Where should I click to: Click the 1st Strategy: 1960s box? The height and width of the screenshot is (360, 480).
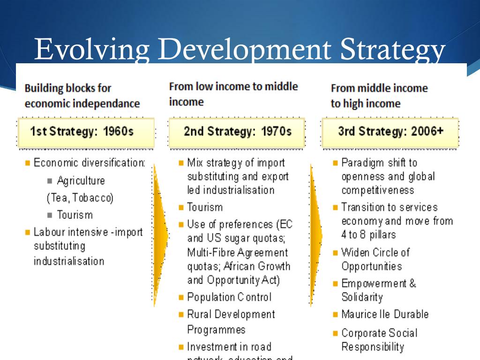coord(86,131)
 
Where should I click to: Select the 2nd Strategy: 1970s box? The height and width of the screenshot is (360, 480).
coord(237,131)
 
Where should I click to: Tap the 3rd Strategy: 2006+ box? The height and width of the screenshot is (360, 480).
coord(390,131)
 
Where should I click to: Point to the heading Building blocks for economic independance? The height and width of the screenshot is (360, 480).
coord(82,96)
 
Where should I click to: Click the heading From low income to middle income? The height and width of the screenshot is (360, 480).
coord(233,94)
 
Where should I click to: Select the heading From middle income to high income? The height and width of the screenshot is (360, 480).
coord(379,96)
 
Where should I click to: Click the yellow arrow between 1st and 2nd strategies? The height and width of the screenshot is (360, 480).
coord(160,234)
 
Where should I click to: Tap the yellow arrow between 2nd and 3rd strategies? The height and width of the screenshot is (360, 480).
coord(316,234)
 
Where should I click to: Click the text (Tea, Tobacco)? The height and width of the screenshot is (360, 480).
coord(80,198)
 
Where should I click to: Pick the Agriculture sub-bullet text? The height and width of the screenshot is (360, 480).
coord(81,181)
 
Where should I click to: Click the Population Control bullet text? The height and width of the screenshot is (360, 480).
coord(229,297)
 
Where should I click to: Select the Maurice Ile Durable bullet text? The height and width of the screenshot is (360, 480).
coord(384,314)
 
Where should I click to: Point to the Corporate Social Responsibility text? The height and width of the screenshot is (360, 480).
coord(379,340)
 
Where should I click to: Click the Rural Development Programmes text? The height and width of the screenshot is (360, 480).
coord(231,322)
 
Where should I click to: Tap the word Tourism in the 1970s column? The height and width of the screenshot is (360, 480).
coord(205,207)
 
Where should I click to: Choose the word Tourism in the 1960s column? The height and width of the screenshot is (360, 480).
coord(75,215)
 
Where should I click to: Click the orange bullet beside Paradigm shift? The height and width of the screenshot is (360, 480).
coord(335,163)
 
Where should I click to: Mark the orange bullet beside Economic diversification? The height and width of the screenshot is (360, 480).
coord(28,163)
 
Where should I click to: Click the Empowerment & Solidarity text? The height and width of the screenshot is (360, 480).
coord(378,290)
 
